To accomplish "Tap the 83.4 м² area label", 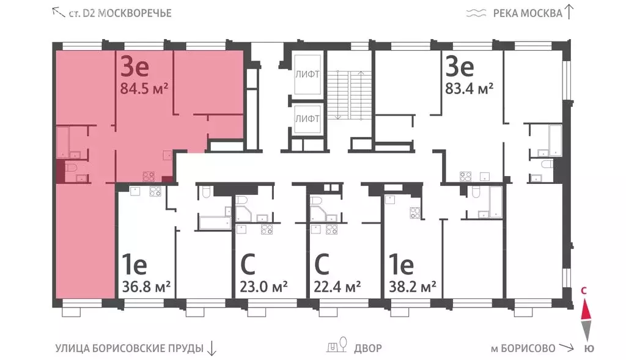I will point(469,89).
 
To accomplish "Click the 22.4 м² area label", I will point(337,286).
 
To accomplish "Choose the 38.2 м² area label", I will point(413,286).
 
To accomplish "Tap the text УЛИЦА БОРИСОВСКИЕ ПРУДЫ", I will point(128,348).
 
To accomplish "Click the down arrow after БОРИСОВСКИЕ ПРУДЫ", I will point(212,348).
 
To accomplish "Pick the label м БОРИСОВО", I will point(523,348).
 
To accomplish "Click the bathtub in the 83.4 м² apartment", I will point(554,140).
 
